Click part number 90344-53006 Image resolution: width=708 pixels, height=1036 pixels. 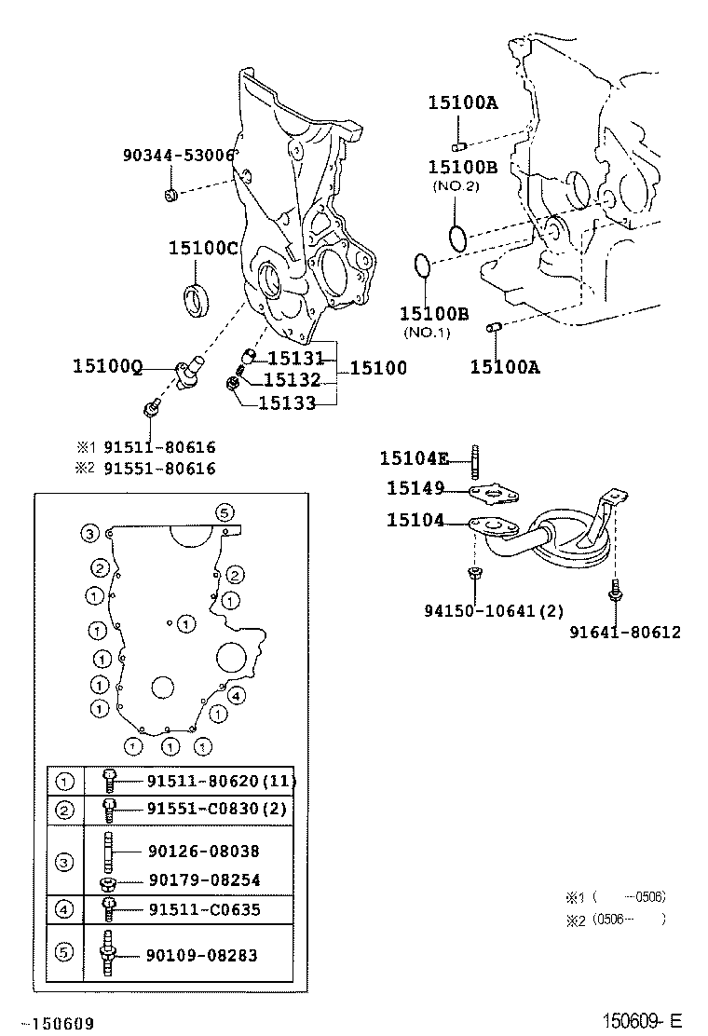click(178, 156)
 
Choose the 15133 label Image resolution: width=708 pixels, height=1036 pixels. click(286, 402)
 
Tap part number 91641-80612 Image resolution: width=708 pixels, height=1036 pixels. click(625, 633)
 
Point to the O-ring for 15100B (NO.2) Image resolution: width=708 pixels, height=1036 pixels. click(456, 238)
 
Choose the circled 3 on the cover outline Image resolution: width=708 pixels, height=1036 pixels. click(88, 534)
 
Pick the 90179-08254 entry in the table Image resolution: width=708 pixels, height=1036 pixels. click(203, 879)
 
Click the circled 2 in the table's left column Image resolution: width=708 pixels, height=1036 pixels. click(65, 810)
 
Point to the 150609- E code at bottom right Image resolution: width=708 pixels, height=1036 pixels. click(643, 1022)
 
